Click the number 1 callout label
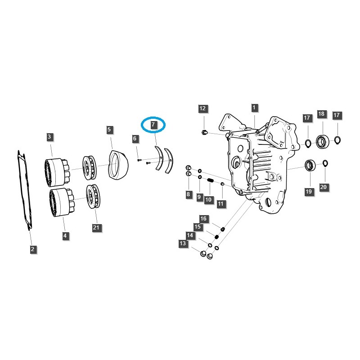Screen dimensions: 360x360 254,108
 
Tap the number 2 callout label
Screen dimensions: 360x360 33,249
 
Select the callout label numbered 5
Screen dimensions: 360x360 109,130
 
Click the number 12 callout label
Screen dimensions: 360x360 202,108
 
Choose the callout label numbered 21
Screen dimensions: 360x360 96,228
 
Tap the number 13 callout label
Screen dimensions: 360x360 182,243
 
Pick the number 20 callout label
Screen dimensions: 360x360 324,186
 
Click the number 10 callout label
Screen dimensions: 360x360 208,199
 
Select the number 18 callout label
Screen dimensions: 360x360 321,114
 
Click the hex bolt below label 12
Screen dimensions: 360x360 204,132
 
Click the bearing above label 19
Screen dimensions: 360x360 310,165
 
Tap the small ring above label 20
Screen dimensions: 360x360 324,163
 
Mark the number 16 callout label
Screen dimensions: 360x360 203,219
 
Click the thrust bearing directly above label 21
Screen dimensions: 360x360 95,196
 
